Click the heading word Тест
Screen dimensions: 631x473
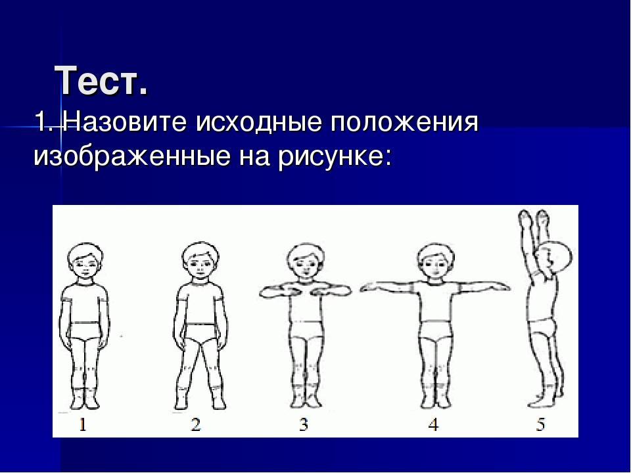tap(101, 81)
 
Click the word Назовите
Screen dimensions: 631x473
tap(125, 122)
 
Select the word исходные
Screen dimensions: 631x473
tap(259, 123)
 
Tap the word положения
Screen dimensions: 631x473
tap(404, 123)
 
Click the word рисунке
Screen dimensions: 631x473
tap(331, 158)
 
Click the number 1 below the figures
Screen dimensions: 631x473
tap(83, 424)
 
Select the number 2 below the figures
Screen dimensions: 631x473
tap(196, 424)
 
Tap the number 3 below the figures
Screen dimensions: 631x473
tap(304, 424)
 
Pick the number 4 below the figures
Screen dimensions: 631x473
tap(433, 424)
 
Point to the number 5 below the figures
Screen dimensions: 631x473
tap(540, 424)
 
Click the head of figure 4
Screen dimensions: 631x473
tap(435, 262)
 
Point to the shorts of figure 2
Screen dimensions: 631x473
tap(200, 334)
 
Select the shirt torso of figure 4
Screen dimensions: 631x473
tap(435, 302)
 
